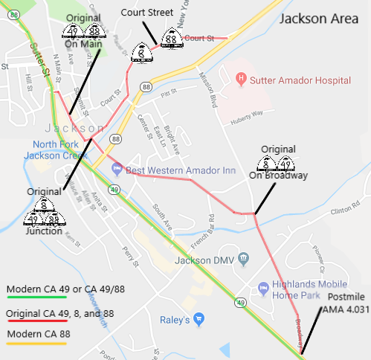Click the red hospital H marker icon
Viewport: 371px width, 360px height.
[x=240, y=77]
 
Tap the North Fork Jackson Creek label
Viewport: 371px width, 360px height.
[x=54, y=150]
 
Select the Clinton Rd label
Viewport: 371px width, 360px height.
[x=344, y=210]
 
